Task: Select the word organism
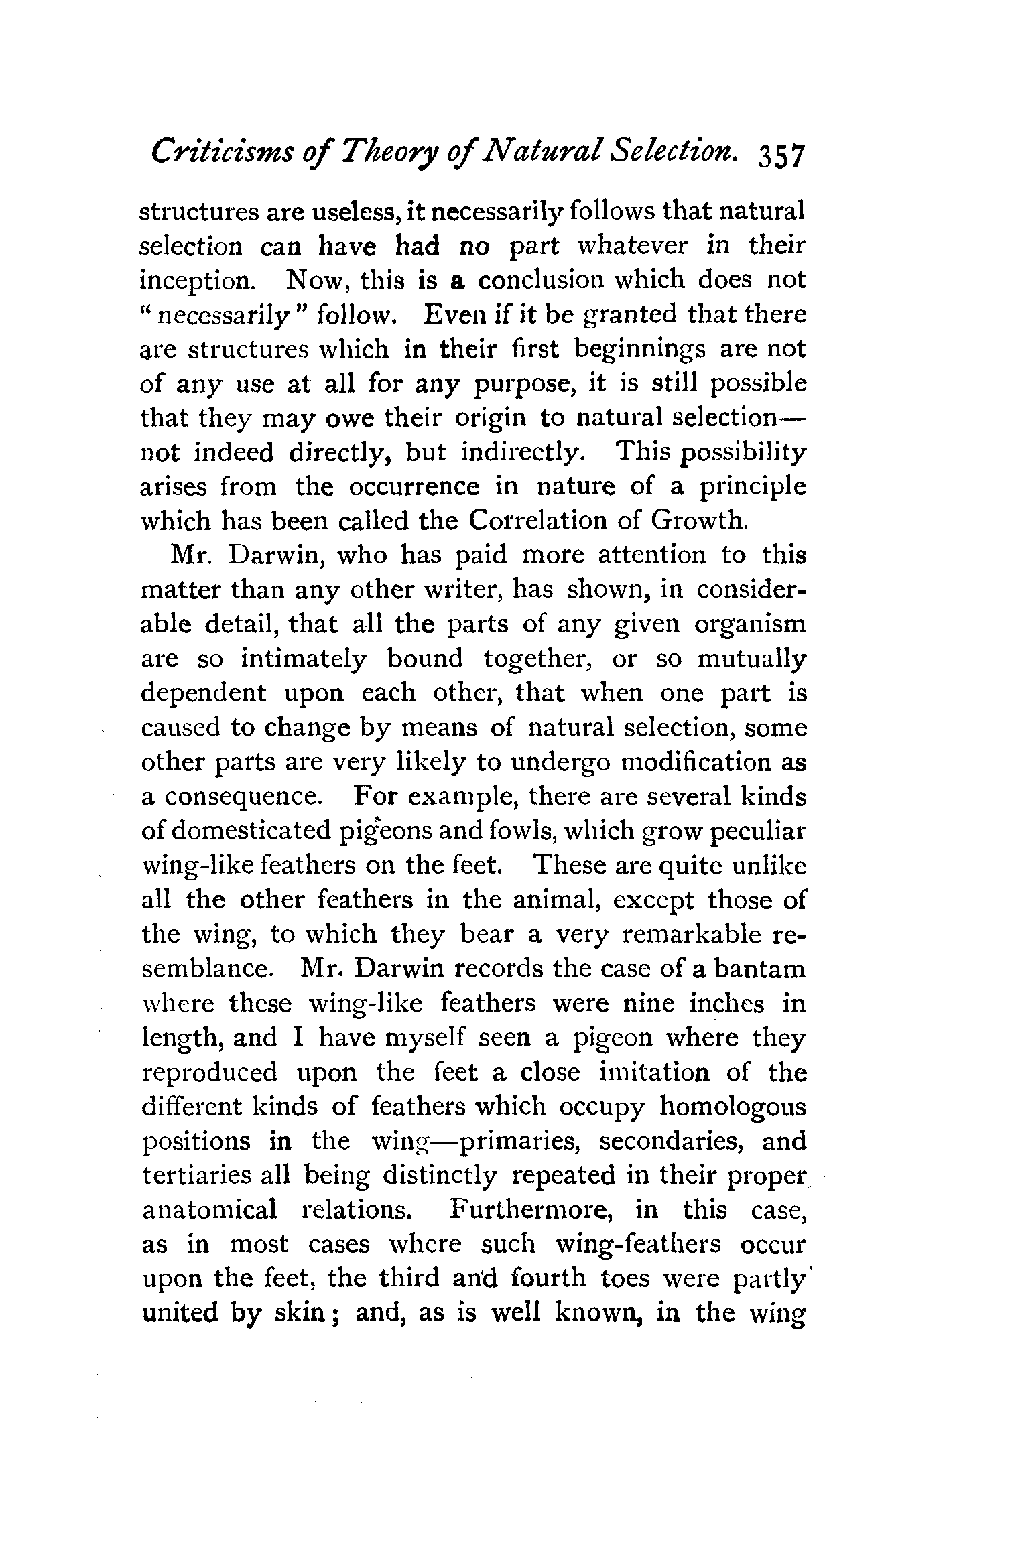[750, 624]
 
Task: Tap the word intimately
[303, 659]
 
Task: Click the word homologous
[733, 1107]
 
